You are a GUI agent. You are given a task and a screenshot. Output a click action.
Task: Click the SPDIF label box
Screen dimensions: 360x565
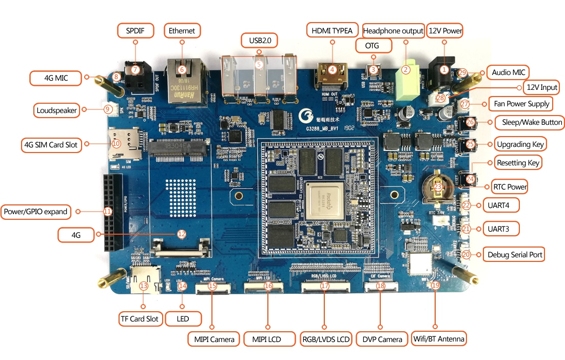coord(135,31)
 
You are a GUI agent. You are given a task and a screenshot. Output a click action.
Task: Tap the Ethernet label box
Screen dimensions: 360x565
coord(182,31)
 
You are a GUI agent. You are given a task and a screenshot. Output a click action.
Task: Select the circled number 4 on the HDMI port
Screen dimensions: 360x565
coord(333,69)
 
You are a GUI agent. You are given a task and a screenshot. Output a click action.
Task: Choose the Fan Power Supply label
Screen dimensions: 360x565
coord(521,104)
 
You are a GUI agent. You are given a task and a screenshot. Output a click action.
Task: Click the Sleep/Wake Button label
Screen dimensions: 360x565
coord(529,122)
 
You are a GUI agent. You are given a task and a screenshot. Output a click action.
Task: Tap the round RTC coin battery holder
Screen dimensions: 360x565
coord(437,187)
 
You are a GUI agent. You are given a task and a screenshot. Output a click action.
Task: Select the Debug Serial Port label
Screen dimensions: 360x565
coord(515,255)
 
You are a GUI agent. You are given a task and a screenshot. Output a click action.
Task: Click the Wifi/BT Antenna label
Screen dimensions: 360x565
coord(439,339)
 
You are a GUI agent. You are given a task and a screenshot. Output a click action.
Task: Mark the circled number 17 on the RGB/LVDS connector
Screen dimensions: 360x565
coord(324,286)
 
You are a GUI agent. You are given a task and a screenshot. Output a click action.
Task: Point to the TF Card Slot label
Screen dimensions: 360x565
coord(140,318)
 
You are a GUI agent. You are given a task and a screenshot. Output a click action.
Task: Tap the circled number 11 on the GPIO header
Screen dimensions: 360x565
coord(107,211)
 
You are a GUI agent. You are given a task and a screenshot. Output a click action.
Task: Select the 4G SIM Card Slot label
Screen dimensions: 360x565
coord(50,145)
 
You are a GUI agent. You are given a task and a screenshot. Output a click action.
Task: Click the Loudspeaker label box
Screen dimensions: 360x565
coord(57,110)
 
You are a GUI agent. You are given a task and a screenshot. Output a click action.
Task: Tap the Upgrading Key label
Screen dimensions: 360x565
coord(520,144)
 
